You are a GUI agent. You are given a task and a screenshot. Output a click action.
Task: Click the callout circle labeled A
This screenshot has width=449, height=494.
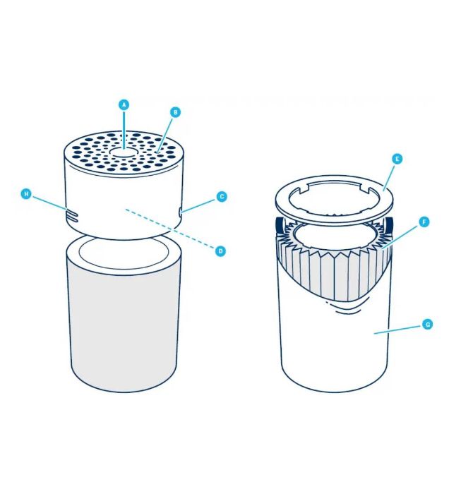pos(124,104)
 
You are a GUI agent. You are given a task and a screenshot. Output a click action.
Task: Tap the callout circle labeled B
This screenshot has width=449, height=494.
pos(175,112)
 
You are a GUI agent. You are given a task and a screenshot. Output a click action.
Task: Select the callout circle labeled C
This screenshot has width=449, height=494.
pos(222,197)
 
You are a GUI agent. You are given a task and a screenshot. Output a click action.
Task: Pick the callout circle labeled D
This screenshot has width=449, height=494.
pos(220,251)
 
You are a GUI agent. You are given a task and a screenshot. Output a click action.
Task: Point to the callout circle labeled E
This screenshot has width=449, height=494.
pos(397,159)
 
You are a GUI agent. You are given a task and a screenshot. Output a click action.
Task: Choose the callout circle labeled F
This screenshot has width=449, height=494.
pos(424,222)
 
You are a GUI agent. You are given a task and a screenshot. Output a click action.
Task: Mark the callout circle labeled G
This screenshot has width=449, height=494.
pos(428,324)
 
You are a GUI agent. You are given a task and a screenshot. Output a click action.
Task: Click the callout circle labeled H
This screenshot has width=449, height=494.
pos(26,194)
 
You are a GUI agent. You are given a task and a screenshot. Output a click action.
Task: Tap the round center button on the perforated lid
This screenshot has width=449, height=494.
pos(124,152)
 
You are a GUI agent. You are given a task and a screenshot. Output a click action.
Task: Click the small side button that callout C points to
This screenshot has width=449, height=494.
pos(181,212)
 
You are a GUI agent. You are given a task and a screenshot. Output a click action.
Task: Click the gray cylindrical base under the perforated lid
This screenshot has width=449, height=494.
pos(124,315)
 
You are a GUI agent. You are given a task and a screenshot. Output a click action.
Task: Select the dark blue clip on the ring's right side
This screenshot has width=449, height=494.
pos(389,224)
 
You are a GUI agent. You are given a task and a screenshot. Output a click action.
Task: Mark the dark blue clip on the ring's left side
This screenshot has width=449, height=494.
pos(279,224)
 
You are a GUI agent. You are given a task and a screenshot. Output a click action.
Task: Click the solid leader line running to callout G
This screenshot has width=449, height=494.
pos(398,330)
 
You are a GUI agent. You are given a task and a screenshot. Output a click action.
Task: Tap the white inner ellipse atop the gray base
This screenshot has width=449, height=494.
pos(124,252)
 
